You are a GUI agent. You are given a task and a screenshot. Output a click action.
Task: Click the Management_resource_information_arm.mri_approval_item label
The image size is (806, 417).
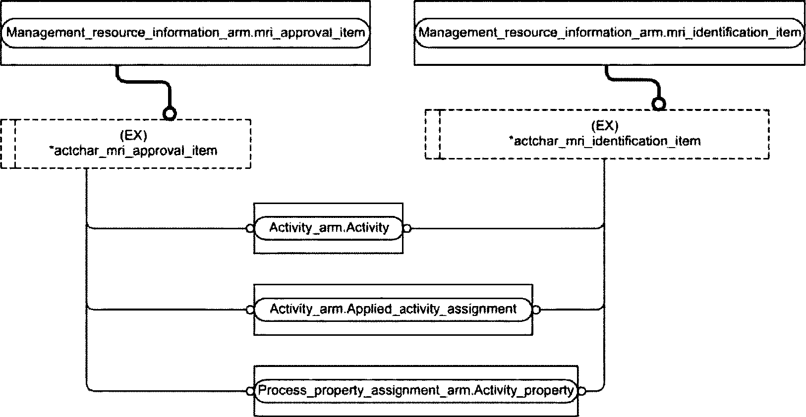pos(186,33)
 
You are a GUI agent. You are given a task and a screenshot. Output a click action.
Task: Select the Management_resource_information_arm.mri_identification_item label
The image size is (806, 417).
pos(610,33)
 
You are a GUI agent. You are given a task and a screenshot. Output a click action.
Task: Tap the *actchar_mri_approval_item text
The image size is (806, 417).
pos(133,150)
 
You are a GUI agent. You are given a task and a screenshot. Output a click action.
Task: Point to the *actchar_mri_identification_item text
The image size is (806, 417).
pos(605,141)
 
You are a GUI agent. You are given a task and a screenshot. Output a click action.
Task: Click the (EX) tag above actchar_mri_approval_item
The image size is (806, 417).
pos(133,135)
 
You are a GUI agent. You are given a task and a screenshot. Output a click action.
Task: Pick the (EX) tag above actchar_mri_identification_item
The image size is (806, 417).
pos(605,125)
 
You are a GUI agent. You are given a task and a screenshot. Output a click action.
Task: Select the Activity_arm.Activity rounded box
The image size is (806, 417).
pos(329,228)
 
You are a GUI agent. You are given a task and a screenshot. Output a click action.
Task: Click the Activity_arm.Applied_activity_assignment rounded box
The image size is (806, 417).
pos(393,309)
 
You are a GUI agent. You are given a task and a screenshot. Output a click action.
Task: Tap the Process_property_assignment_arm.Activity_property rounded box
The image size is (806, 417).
pos(416,391)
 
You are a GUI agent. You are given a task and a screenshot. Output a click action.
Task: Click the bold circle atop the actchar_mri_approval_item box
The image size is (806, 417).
pos(170,113)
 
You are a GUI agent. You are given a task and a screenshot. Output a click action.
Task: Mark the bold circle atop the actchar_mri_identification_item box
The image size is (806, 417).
pos(658,104)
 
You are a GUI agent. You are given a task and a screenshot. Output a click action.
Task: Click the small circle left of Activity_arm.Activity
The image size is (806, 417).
pos(250,228)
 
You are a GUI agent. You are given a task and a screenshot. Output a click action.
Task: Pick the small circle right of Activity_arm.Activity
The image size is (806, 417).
pos(407,228)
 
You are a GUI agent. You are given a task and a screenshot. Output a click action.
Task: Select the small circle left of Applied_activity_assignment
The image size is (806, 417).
pos(250,310)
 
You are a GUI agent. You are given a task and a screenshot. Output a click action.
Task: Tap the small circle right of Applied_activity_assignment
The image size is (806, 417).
pos(536,310)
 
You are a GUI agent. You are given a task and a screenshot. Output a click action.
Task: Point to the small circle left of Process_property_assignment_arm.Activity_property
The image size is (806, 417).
pos(250,391)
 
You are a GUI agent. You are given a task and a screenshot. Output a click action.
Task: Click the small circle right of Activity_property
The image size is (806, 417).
pos(582,391)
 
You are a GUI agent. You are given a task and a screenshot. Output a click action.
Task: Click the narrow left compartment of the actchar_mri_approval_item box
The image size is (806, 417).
pos(8,144)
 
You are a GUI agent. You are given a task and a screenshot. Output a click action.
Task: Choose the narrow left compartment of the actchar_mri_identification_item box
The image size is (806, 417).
pos(433,134)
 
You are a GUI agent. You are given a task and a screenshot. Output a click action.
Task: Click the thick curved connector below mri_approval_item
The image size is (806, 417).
pos(144,82)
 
